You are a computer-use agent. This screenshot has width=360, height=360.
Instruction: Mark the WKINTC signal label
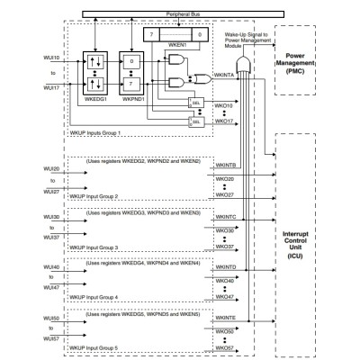pos(227,217)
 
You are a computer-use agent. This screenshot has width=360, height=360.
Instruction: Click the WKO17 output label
pos(226,121)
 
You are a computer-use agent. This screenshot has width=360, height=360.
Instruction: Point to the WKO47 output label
pos(226,296)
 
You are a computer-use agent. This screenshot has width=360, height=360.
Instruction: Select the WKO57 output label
pos(226,346)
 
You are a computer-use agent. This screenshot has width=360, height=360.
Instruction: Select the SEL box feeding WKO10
pos(195,103)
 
